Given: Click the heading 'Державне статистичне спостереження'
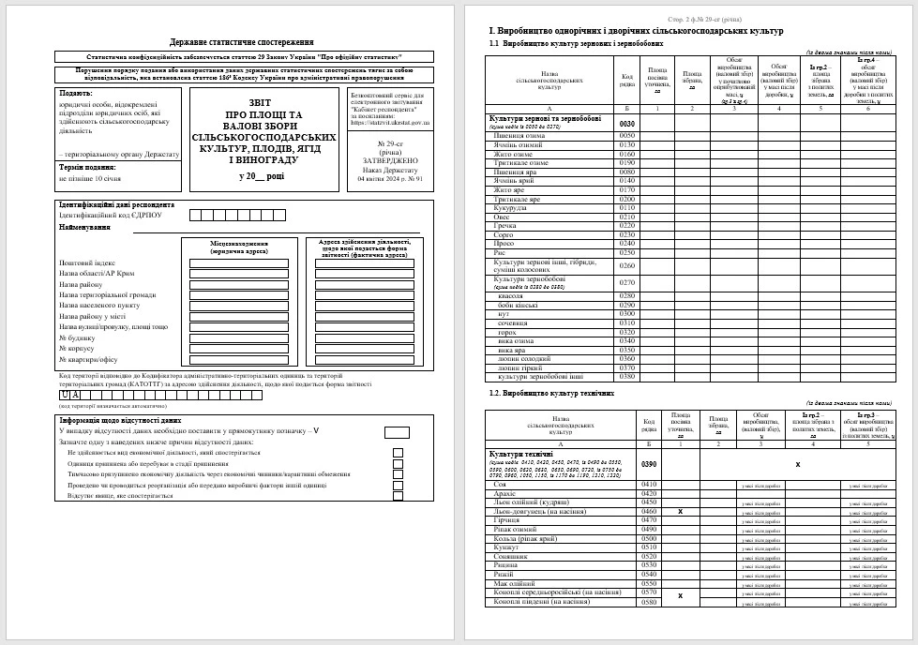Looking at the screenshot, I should click(x=242, y=43).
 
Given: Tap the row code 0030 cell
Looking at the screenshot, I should click(x=627, y=124).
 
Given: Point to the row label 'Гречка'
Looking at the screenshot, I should click(x=505, y=225).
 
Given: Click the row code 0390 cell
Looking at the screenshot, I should click(x=648, y=464).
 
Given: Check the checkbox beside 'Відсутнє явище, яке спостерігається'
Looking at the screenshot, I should click(x=398, y=496).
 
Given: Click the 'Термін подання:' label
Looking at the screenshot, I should click(x=87, y=167).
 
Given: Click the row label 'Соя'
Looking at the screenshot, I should click(x=501, y=484).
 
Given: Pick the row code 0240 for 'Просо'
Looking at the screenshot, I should click(x=627, y=243).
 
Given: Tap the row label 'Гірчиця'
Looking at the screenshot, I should click(x=506, y=519).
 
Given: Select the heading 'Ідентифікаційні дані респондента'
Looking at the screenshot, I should click(x=116, y=204).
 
